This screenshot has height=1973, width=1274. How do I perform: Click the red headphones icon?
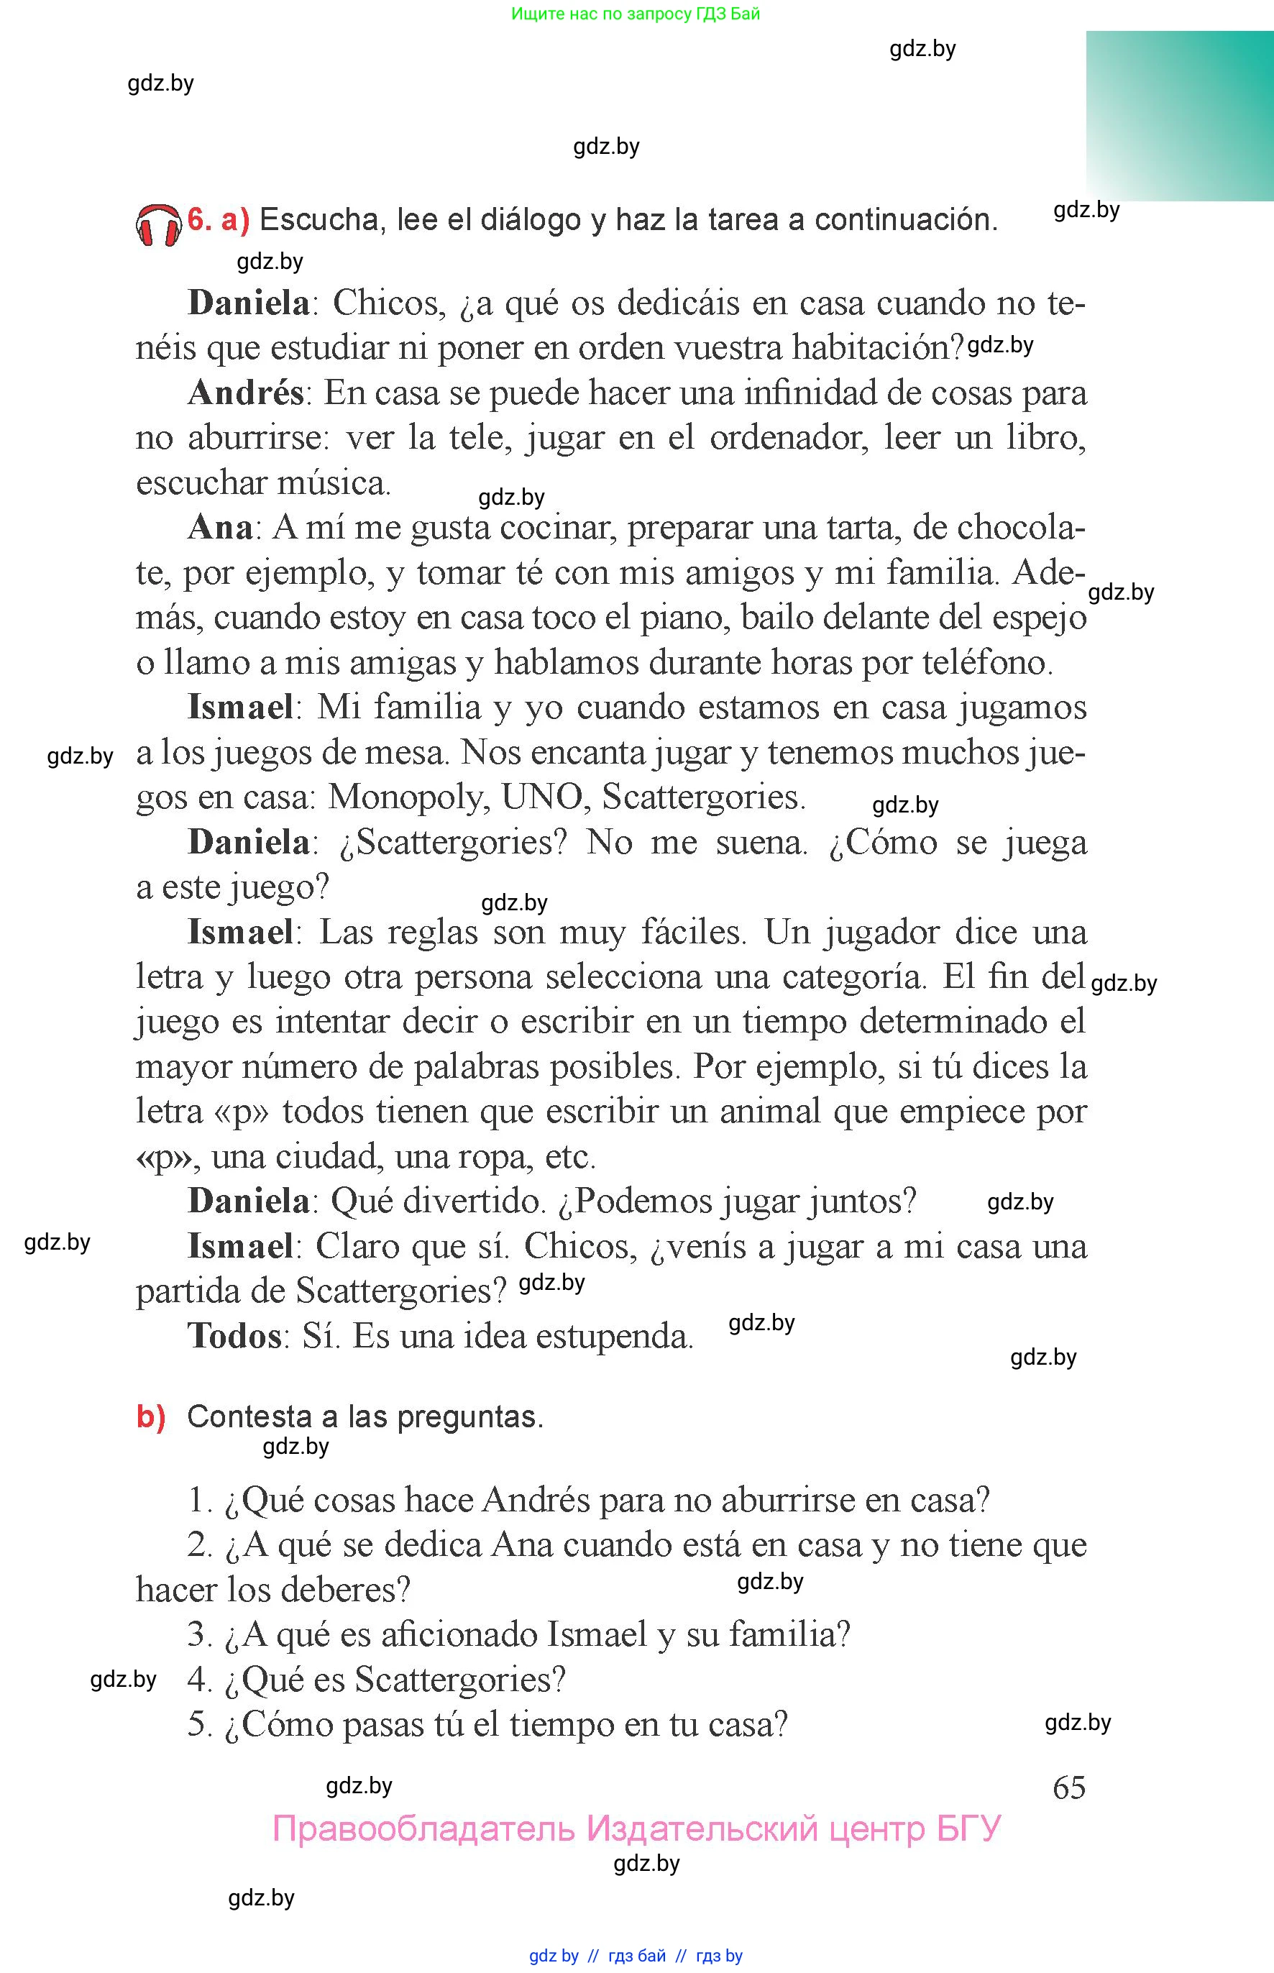158,225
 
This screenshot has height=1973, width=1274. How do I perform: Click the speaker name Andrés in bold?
246,392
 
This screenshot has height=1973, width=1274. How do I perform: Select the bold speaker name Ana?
220,527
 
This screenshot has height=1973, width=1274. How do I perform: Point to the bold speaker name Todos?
235,1336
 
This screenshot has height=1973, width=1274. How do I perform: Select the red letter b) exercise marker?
150,1417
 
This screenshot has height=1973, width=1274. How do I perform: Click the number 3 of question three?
199,1634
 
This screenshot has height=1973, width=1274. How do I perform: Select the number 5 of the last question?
199,1724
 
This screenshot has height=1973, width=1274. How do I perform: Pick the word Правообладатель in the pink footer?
423,1828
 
